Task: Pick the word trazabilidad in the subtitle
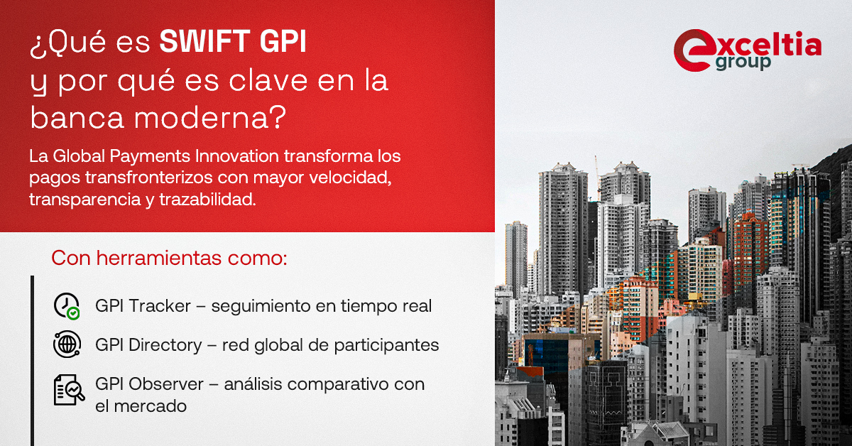(212, 200)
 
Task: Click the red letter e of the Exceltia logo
(689, 50)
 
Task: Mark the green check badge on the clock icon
(73, 312)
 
